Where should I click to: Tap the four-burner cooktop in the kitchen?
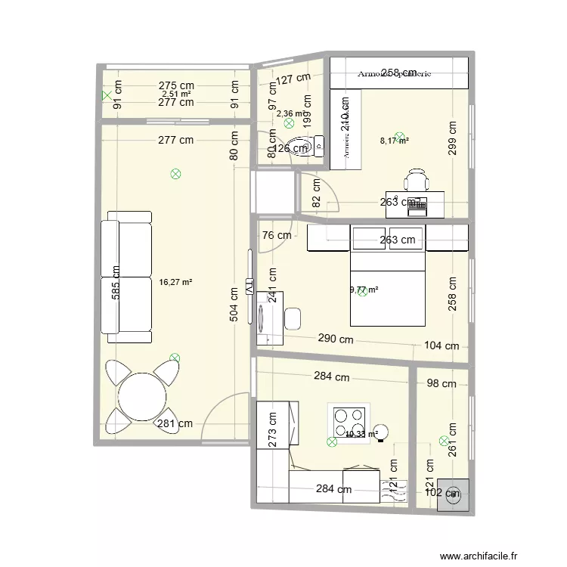(x=347, y=418)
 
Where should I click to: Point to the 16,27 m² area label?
(x=175, y=283)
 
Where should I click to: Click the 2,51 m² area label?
(x=176, y=94)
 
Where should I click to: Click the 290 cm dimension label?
(x=336, y=339)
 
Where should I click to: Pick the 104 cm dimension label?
(x=442, y=346)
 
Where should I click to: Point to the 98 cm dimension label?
(x=442, y=383)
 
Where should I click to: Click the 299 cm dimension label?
(x=452, y=138)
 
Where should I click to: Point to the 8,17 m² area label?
(x=394, y=140)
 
